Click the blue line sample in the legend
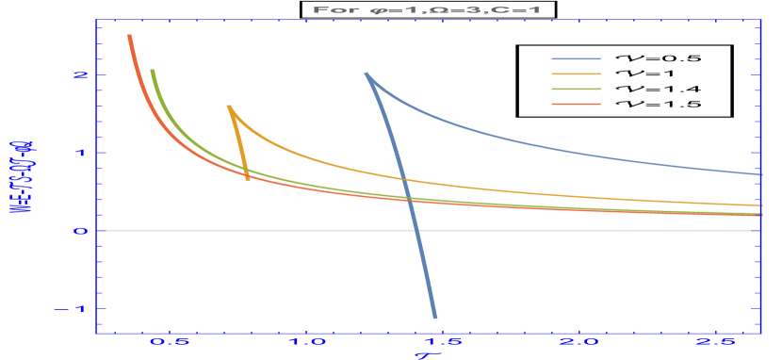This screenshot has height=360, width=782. tap(576, 58)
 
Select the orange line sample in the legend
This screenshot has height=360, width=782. tap(576, 74)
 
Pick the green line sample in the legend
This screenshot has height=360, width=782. tap(576, 89)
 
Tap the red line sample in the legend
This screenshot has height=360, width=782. tap(576, 104)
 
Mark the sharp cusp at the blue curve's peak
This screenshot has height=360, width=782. tap(367, 74)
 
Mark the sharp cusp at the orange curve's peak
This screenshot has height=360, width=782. tap(229, 106)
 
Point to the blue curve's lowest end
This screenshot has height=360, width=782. tap(434, 317)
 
